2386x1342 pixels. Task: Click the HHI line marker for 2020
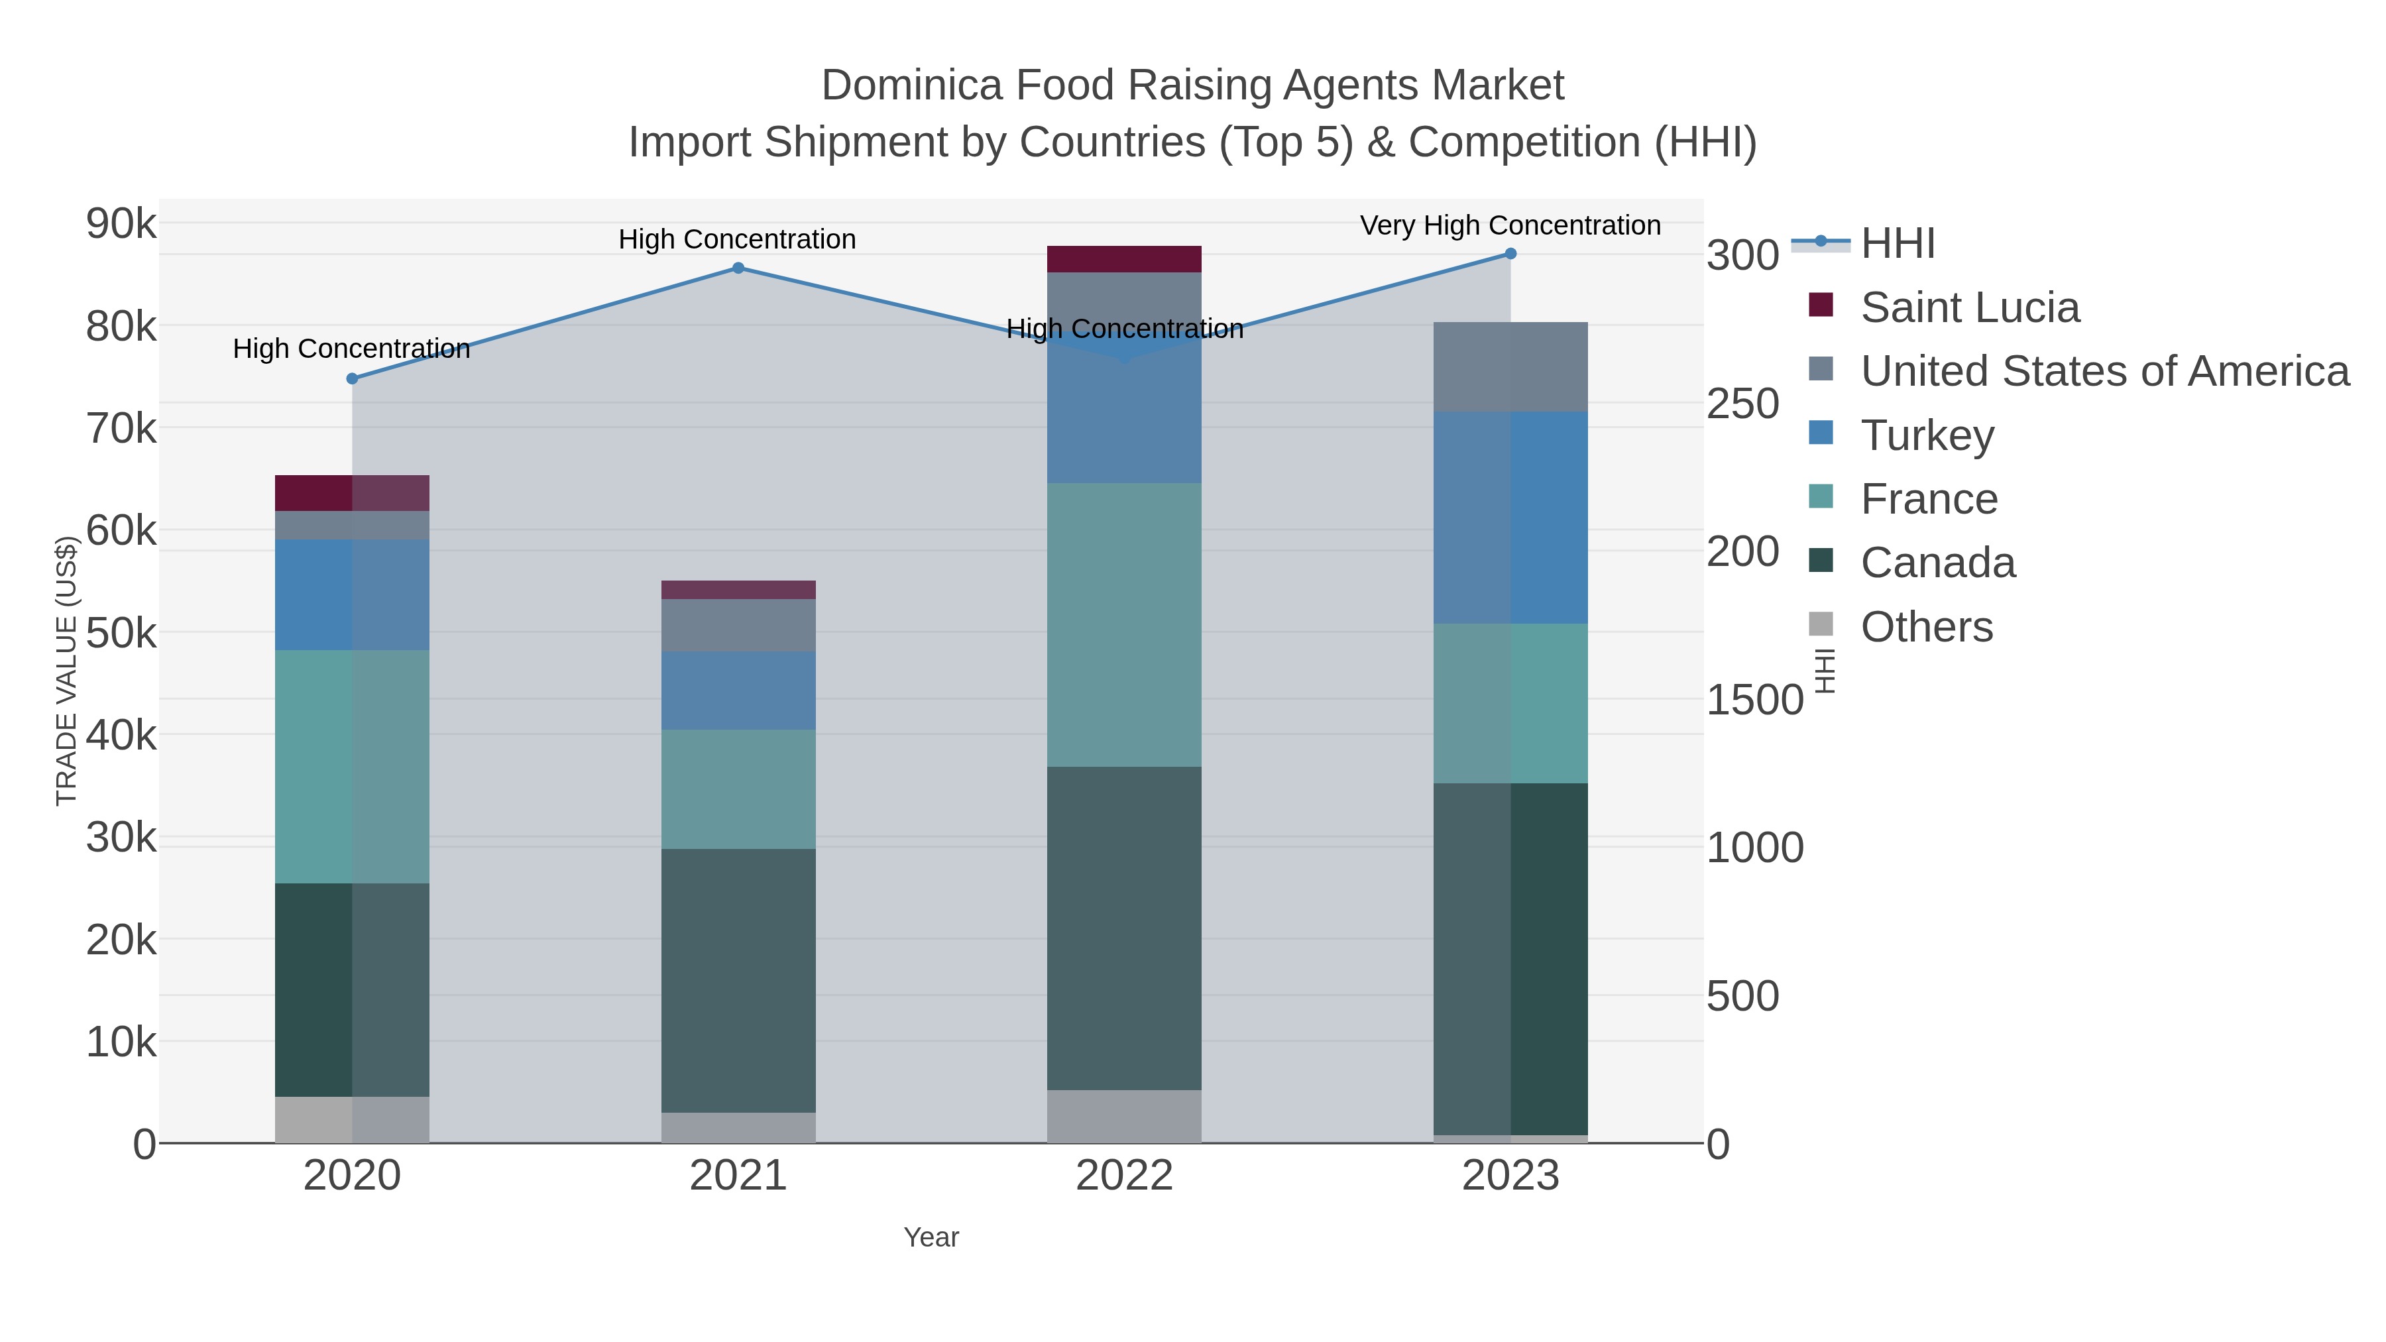pyautogui.click(x=352, y=379)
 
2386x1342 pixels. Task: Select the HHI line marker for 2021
pyautogui.click(x=738, y=268)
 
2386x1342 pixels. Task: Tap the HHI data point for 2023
pyautogui.click(x=1510, y=254)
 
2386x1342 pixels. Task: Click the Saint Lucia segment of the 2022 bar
pyautogui.click(x=1123, y=259)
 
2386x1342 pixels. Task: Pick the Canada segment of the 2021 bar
pyautogui.click(x=738, y=980)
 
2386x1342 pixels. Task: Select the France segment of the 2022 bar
pyautogui.click(x=1123, y=624)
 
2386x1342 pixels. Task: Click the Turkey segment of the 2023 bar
pyautogui.click(x=1510, y=517)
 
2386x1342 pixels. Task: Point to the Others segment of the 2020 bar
pyautogui.click(x=352, y=1120)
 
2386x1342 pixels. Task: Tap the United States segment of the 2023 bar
pyautogui.click(x=1510, y=366)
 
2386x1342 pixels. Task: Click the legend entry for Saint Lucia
pyautogui.click(x=1969, y=308)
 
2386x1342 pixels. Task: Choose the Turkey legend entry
pyautogui.click(x=1927, y=435)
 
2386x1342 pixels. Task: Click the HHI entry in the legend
pyautogui.click(x=1897, y=244)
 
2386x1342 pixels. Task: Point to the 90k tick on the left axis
pyautogui.click(x=121, y=224)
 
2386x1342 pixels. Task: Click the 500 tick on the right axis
pyautogui.click(x=1742, y=997)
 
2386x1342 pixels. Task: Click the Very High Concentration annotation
pyautogui.click(x=1510, y=225)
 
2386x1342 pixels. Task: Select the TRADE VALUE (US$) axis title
pyautogui.click(x=67, y=671)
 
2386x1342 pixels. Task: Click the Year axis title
pyautogui.click(x=931, y=1237)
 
